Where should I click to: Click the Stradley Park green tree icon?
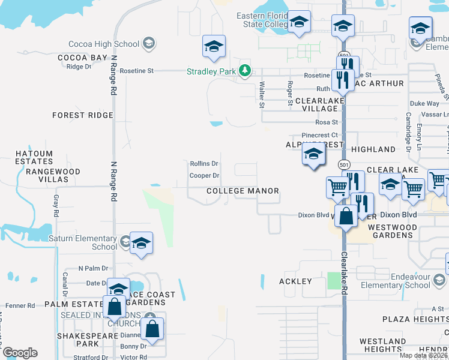[244, 71]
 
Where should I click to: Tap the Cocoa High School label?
[104, 44]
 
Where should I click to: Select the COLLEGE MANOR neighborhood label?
[243, 191]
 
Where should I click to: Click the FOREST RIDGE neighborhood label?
[83, 115]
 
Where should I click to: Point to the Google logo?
[20, 353]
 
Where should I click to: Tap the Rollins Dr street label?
[204, 163]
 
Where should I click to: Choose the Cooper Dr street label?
[204, 176]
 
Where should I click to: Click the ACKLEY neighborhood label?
[295, 281]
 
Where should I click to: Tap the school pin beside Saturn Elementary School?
[140, 242]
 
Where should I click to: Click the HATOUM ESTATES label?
[34, 157]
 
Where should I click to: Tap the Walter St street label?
[262, 95]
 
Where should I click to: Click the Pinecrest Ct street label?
[320, 136]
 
